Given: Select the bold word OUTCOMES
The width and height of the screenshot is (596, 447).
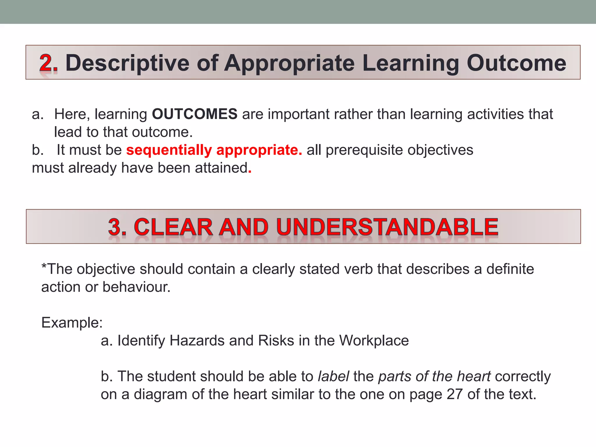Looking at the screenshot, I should point(195,114).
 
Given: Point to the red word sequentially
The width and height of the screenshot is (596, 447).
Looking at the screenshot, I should point(169,150).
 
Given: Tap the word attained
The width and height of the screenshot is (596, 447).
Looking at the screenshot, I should point(221,168).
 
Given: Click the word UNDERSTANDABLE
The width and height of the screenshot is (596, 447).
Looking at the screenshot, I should point(387,227).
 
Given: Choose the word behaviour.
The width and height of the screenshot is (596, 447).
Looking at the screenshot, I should point(136,287).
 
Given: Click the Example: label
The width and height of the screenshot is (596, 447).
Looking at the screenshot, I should point(72,322).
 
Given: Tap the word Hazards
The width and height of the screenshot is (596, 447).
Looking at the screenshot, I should point(197,340).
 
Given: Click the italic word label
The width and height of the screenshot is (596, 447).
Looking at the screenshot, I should point(333,376).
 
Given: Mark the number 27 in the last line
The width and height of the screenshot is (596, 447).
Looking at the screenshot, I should point(455,394).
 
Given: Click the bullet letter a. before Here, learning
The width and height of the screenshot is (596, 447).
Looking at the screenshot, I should point(38,114).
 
